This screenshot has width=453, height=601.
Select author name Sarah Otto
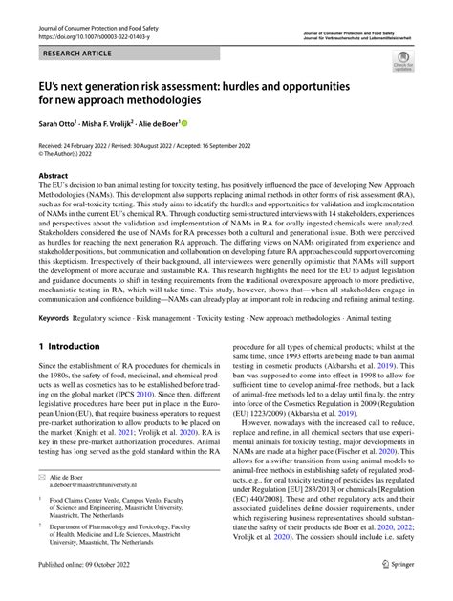[x=55, y=124]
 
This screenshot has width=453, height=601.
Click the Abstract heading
[x=53, y=176]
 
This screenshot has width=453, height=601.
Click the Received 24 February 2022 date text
[x=78, y=143]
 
